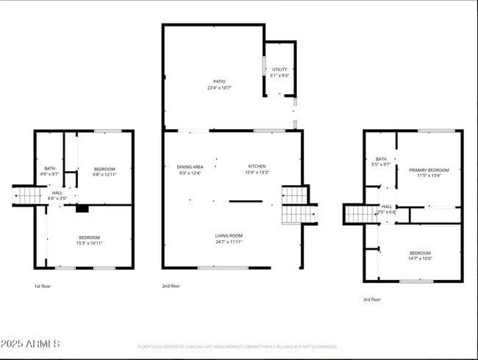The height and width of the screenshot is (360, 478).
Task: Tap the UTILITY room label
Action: coord(279,70)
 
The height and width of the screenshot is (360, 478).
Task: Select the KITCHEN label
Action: coord(257,167)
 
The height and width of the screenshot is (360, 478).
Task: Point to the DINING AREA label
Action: coord(190,167)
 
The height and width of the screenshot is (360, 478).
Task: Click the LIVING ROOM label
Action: coord(229,236)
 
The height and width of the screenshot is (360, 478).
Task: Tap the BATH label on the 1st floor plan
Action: coord(49,169)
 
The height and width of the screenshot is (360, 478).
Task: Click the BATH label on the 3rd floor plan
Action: coord(381,159)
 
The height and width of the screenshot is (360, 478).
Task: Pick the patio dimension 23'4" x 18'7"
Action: coord(219,87)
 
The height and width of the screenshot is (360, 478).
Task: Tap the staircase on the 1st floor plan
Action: coord(29,196)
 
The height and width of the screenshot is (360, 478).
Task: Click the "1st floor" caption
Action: coord(43,286)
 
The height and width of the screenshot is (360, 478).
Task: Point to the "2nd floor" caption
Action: coord(171,286)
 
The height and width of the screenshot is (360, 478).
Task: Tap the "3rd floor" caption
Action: coord(372,299)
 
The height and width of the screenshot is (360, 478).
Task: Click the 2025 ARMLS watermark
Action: coord(31,344)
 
